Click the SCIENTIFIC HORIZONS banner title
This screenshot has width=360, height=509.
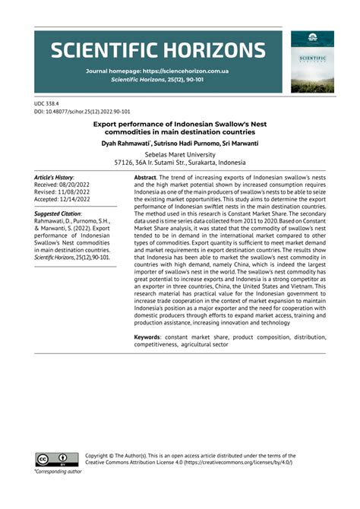(x=158, y=52)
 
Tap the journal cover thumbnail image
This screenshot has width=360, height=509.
(x=312, y=62)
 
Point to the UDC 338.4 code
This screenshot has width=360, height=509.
(x=48, y=102)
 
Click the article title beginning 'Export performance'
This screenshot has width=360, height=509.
(x=180, y=127)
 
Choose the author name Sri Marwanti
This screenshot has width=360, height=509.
(x=238, y=143)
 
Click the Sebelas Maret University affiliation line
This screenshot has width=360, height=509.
(x=179, y=154)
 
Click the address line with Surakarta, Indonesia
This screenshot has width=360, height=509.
(x=179, y=163)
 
